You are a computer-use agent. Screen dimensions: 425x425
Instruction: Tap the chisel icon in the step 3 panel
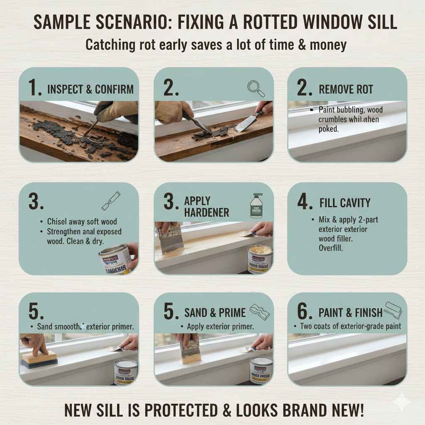click(x=111, y=200)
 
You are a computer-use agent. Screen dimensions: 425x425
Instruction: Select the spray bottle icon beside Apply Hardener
click(x=256, y=206)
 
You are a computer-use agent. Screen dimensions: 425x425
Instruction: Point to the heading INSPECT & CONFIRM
click(x=91, y=89)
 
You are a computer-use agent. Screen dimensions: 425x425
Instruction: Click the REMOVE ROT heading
click(x=346, y=89)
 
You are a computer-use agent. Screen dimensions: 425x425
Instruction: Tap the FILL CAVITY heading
click(x=345, y=203)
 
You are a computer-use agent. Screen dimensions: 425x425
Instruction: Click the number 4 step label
click(x=304, y=203)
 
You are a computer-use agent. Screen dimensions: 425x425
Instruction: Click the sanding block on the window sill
click(x=39, y=358)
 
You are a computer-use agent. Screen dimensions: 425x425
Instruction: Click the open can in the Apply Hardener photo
click(x=259, y=259)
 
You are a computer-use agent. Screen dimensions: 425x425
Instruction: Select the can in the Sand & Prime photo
click(x=261, y=369)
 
